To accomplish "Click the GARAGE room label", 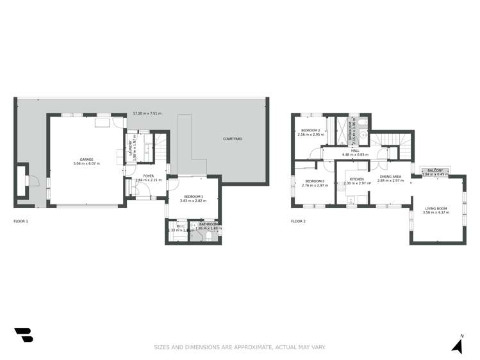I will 87,160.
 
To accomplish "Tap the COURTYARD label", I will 232,139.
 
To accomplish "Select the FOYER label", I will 148,176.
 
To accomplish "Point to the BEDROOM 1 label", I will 193,197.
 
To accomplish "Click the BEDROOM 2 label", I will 308,130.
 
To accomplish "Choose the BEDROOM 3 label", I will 314,181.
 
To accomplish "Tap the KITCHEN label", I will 356,179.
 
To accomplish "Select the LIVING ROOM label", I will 436,208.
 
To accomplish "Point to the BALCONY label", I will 434,170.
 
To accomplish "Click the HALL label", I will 355,151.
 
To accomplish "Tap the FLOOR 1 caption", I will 21,221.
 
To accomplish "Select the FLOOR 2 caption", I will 299,221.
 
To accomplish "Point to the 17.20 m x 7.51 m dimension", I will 147,113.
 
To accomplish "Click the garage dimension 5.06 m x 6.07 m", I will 87,164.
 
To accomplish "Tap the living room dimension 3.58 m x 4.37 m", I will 436,212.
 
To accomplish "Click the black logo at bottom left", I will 23,334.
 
